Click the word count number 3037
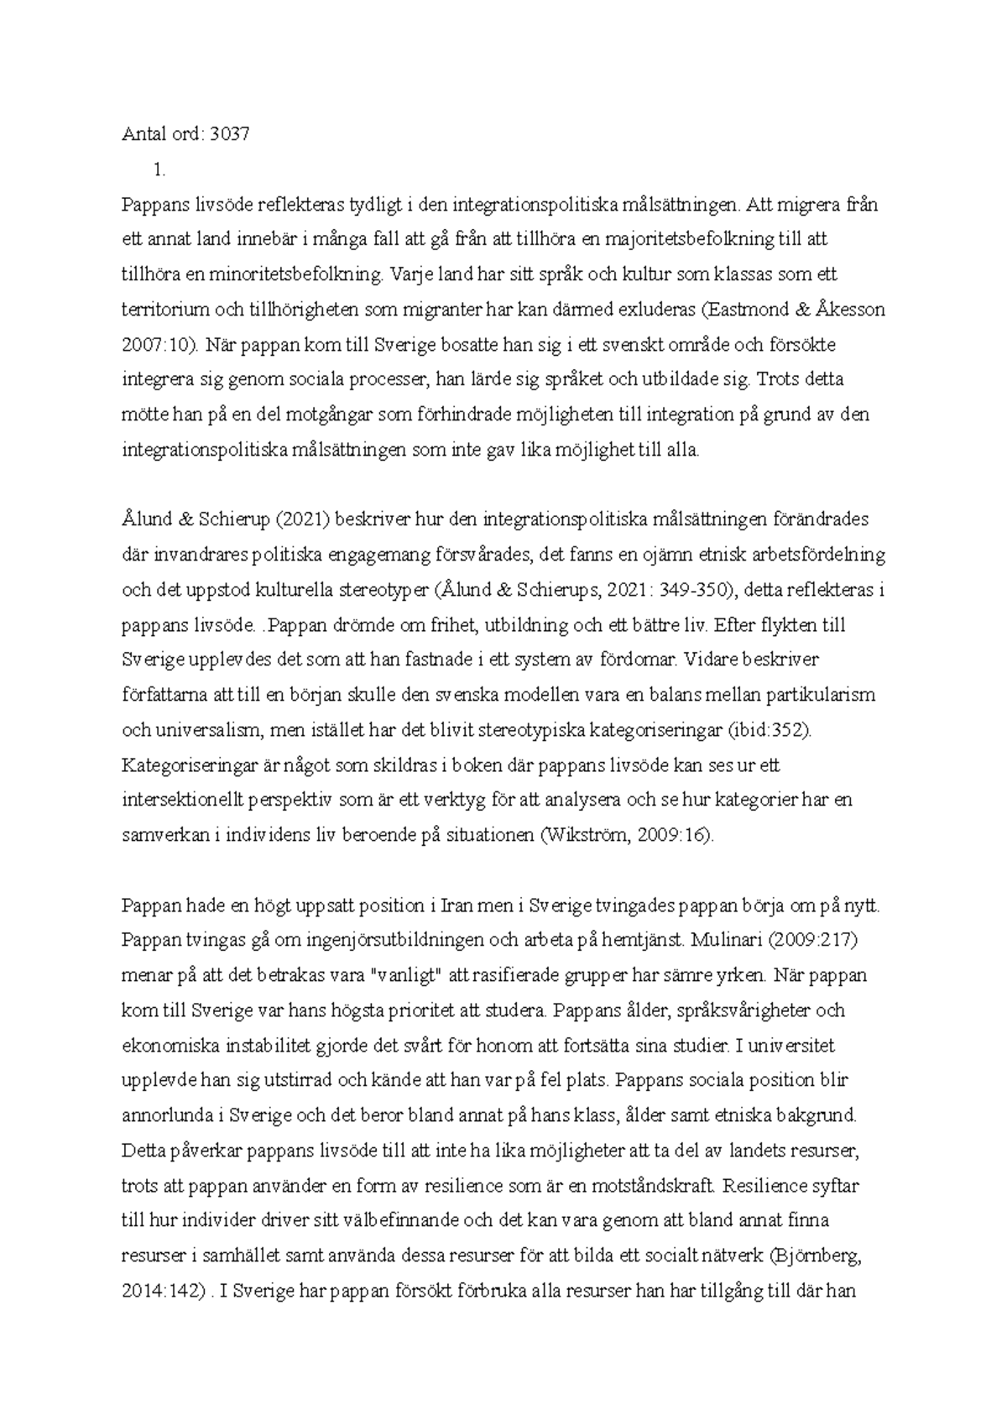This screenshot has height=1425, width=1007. pos(230,134)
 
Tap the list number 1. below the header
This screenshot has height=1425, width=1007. pos(159,170)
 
